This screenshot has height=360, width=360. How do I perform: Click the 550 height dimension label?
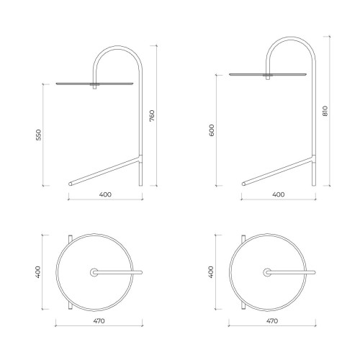[39, 135]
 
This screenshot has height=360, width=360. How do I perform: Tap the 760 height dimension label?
[152, 116]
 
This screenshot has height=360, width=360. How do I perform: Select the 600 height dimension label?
[212, 130]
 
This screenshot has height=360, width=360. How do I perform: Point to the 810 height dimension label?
[325, 111]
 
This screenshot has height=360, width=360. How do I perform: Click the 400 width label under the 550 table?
[105, 194]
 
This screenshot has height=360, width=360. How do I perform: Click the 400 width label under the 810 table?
[279, 194]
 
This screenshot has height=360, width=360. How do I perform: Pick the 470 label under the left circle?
[99, 321]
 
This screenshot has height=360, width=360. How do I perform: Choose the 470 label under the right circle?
[272, 321]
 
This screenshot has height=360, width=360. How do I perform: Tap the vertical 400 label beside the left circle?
[38, 272]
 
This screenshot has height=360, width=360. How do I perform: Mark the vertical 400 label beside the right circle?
[211, 272]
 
